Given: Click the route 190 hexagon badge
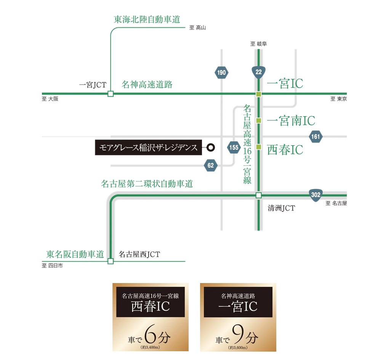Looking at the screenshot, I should click(221, 72).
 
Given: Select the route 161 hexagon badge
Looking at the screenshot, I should click(316, 136).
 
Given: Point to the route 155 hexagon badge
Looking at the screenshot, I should click(234, 147).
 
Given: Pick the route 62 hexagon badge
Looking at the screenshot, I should click(211, 165).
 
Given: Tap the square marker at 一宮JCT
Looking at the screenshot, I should click(111, 94).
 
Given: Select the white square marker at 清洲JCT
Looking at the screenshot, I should click(259, 195).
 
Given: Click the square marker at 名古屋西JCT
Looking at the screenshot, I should click(111, 261).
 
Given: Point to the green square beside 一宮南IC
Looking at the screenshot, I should click(259, 120).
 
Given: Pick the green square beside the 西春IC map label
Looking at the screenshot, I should click(259, 147).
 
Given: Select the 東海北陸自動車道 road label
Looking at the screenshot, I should click(147, 19).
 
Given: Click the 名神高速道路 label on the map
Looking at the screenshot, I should click(147, 84).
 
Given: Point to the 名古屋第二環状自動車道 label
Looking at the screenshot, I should click(147, 184).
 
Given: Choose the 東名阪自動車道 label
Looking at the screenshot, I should click(75, 254).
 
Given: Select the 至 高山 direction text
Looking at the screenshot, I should click(197, 28).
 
